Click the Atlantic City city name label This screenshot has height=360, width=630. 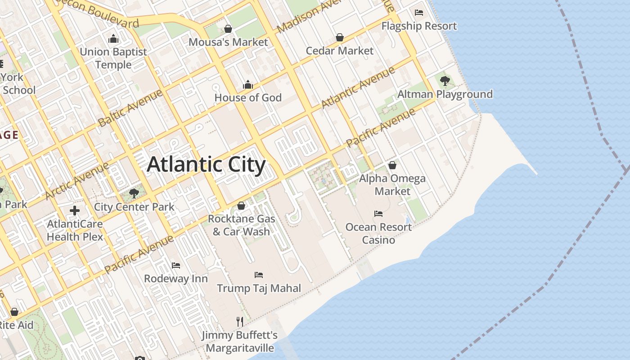(x=206, y=165)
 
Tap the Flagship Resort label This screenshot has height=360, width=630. (x=419, y=26)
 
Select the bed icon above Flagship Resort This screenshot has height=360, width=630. (x=419, y=13)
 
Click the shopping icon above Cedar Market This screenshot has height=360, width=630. (x=340, y=37)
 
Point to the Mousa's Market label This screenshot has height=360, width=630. (x=228, y=42)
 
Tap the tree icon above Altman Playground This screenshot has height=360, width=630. (x=445, y=81)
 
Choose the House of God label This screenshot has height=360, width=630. (x=248, y=98)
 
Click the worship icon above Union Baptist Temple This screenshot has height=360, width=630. (x=113, y=38)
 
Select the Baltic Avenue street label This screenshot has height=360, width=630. (x=130, y=108)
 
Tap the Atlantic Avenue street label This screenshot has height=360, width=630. (x=358, y=88)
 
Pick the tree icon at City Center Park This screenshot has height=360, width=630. (x=134, y=193)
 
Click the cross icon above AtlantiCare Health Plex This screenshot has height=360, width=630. (x=75, y=210)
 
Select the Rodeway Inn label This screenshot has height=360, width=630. (x=176, y=279)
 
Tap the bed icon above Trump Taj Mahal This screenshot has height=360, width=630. (x=259, y=274)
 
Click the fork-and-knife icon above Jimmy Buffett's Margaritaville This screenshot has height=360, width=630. (x=240, y=322)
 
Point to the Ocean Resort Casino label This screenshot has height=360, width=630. (x=378, y=233)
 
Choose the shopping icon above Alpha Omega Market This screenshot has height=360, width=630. (x=392, y=165)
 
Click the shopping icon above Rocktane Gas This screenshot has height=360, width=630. (x=241, y=206)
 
